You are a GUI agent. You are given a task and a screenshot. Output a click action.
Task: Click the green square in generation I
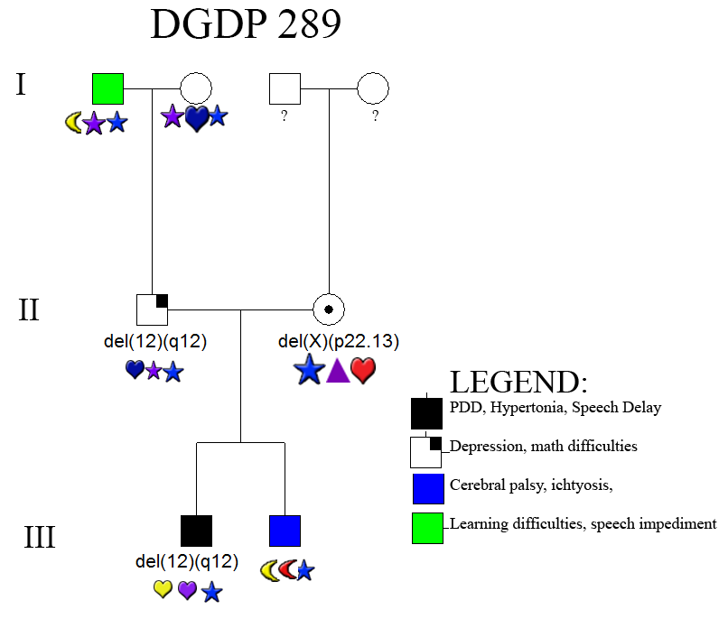click(107, 88)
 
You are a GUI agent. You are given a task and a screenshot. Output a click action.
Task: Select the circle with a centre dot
click(328, 309)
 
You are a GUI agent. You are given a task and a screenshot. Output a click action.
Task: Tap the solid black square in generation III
click(196, 531)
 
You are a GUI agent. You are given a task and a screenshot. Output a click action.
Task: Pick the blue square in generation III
click(285, 531)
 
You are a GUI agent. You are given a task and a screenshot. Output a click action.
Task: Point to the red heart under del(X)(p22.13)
click(362, 370)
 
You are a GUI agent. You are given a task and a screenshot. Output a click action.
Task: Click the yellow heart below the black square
click(163, 590)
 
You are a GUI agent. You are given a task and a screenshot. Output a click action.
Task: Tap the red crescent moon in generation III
click(286, 570)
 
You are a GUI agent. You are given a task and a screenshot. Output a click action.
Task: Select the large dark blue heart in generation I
click(197, 118)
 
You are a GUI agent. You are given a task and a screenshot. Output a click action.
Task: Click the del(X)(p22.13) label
click(339, 341)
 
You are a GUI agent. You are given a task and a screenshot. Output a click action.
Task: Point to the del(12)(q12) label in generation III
click(186, 561)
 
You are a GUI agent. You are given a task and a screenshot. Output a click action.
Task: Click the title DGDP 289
click(246, 25)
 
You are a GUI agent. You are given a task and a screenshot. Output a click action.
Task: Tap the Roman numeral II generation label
click(28, 309)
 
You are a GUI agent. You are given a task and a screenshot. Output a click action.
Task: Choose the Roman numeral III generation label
click(40, 537)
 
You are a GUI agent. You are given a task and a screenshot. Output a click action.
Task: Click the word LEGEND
click(518, 382)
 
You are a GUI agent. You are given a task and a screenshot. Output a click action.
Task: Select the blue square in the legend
click(427, 488)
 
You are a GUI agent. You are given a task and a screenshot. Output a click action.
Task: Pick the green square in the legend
click(427, 529)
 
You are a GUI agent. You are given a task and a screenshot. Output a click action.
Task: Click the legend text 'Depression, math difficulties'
click(544, 446)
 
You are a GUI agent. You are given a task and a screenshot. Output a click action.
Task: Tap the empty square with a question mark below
click(285, 88)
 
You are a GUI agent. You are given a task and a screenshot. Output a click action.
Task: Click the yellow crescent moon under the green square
click(74, 123)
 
